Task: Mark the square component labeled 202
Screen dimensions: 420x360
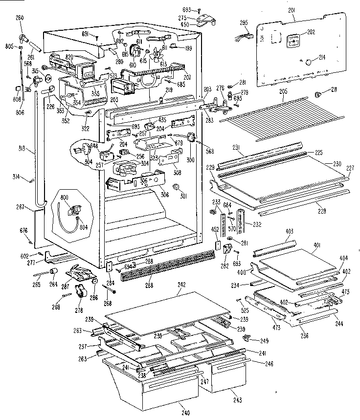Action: pyautogui.click(x=293, y=41)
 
